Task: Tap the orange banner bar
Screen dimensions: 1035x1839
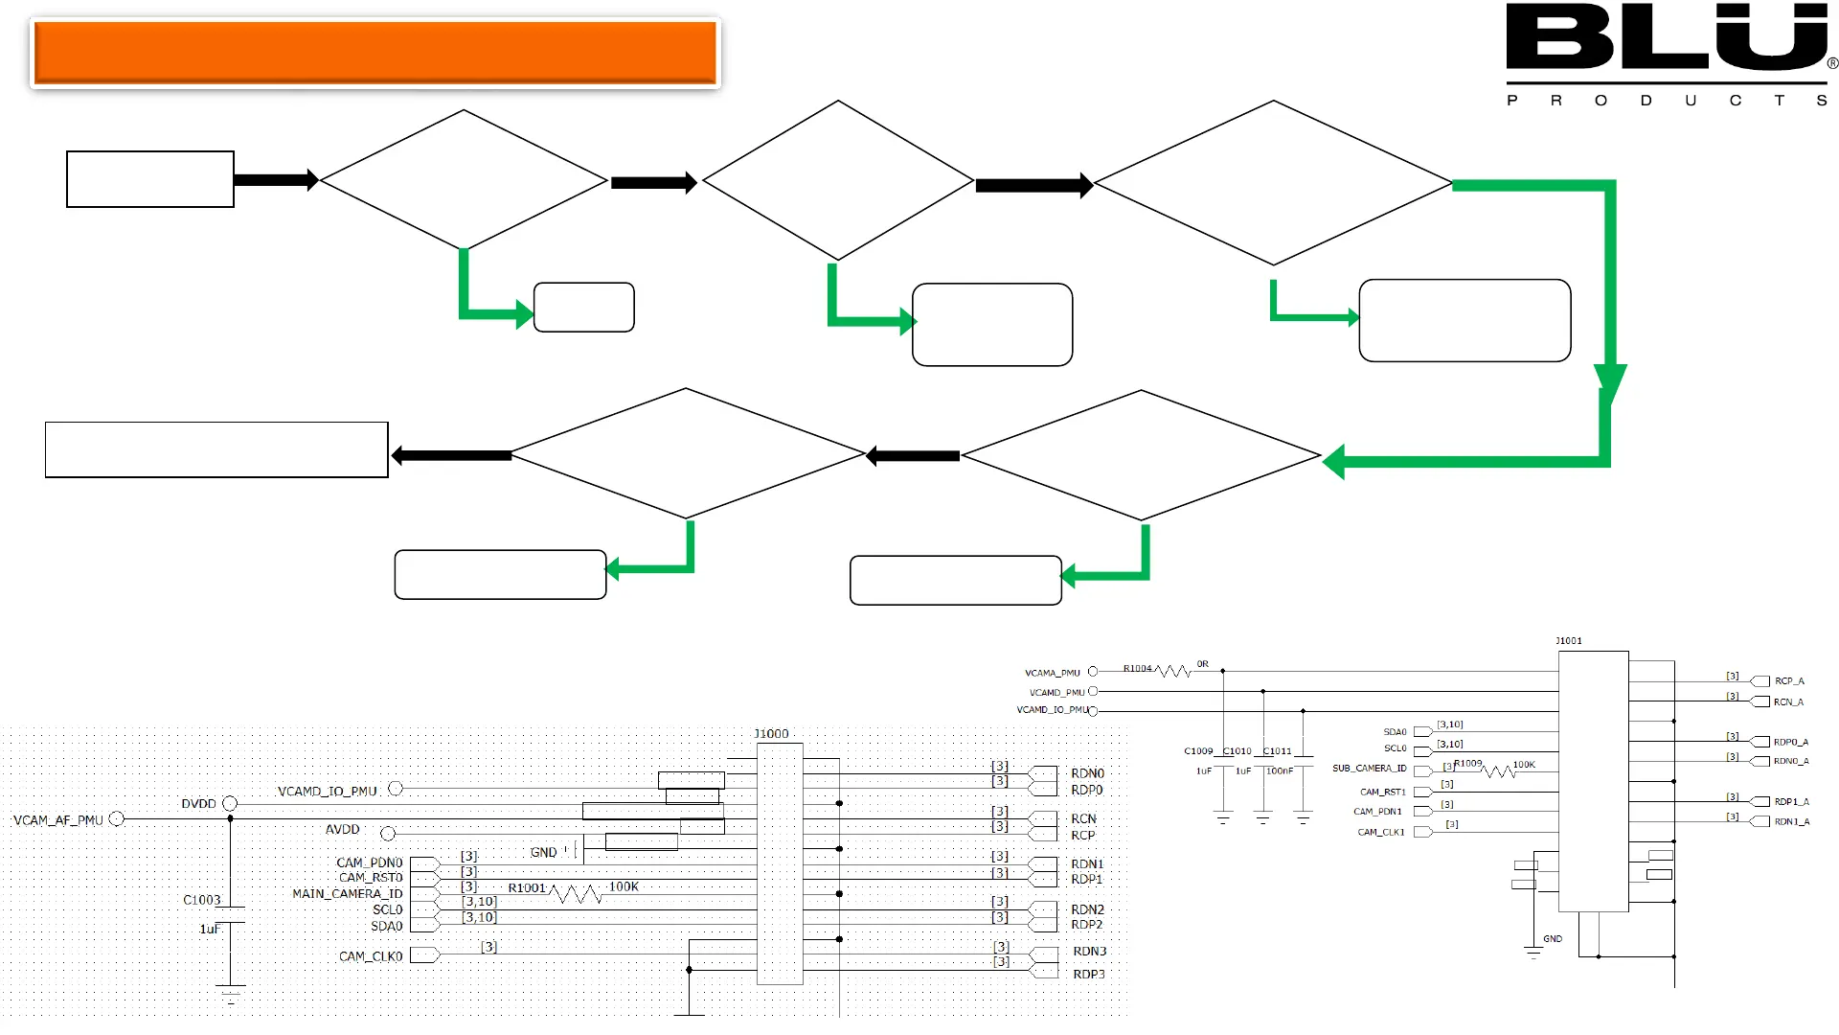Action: pyautogui.click(x=375, y=53)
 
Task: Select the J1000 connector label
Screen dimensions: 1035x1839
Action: pyautogui.click(x=771, y=734)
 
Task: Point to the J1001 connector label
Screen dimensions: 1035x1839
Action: pyautogui.click(x=1568, y=641)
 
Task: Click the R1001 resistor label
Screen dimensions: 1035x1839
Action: pyautogui.click(x=527, y=888)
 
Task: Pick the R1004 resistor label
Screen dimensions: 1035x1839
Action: pyautogui.click(x=1138, y=669)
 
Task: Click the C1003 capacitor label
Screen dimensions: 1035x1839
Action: pyautogui.click(x=202, y=900)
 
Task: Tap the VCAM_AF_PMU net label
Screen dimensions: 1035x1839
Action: pyautogui.click(x=58, y=820)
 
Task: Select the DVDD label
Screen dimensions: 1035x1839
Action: pyautogui.click(x=198, y=804)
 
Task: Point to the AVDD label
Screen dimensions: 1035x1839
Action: pyautogui.click(x=343, y=830)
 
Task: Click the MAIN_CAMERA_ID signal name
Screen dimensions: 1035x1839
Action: pyautogui.click(x=348, y=894)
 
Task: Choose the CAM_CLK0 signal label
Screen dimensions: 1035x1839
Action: pyautogui.click(x=371, y=956)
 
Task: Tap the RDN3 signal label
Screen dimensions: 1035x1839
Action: pyautogui.click(x=1089, y=952)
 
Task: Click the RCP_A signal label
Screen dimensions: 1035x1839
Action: pyautogui.click(x=1789, y=681)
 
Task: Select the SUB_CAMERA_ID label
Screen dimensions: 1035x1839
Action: pyautogui.click(x=1370, y=769)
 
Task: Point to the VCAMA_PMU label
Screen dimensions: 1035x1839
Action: pyautogui.click(x=1052, y=673)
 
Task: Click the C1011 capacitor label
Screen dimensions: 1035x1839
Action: pyautogui.click(x=1278, y=751)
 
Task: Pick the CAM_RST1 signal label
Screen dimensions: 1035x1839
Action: pyautogui.click(x=1382, y=793)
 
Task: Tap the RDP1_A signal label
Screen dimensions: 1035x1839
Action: pyautogui.click(x=1791, y=802)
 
